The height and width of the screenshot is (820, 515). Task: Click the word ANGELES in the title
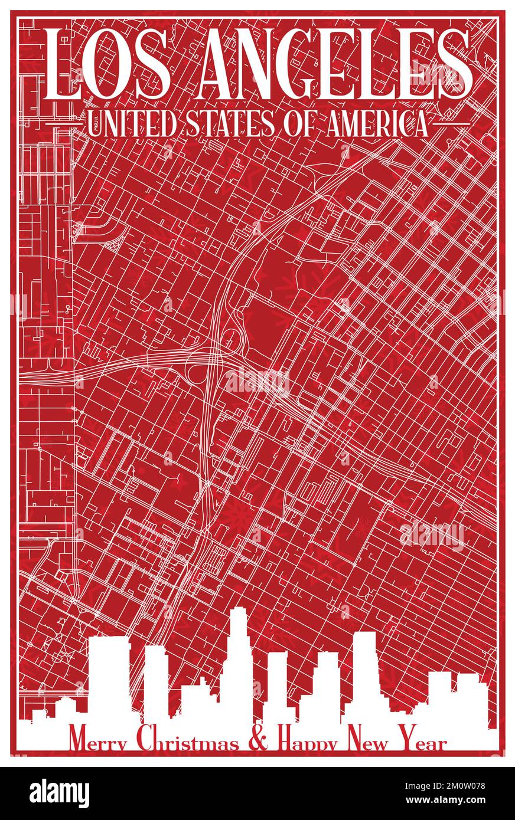tap(335, 64)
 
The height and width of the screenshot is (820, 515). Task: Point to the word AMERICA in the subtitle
tap(377, 125)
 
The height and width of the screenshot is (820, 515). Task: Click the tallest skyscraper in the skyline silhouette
tap(239, 661)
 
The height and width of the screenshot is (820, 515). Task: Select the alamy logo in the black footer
tap(59, 793)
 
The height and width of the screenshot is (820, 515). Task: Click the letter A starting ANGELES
tap(218, 64)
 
